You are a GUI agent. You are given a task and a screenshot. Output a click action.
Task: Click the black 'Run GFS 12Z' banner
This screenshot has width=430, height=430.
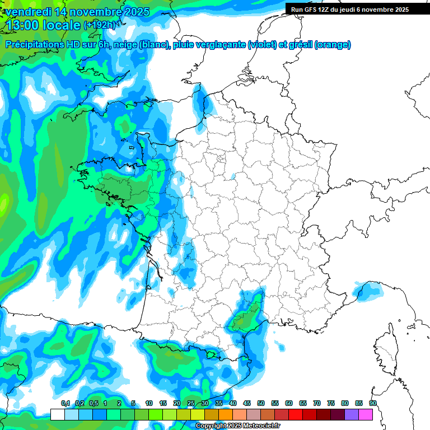[357, 9]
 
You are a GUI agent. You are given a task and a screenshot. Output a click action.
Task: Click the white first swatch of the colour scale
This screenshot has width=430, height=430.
[57, 415]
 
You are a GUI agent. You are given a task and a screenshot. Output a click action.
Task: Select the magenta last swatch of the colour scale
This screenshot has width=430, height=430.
[366, 415]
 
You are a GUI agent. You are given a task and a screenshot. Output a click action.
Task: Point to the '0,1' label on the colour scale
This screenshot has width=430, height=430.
[66, 404]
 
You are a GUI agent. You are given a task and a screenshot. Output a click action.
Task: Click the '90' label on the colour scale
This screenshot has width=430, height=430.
[372, 404]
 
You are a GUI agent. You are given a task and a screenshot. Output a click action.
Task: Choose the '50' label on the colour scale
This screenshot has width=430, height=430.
[261, 404]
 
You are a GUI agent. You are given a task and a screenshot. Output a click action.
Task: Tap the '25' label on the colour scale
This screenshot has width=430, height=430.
[191, 404]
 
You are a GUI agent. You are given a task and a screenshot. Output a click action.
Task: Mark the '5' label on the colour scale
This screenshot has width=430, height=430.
[133, 404]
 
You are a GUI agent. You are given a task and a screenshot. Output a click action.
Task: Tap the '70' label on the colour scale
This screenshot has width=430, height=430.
[317, 404]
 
